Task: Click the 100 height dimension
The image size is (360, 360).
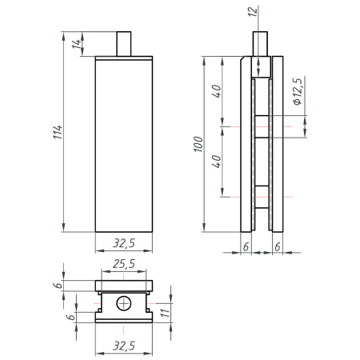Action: [x=199, y=144]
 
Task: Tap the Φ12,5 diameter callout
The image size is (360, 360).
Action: [x=297, y=92]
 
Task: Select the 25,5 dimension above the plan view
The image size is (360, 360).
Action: [x=123, y=263]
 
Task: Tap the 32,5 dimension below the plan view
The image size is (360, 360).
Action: [x=123, y=345]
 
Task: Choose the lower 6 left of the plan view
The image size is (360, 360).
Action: [x=70, y=318]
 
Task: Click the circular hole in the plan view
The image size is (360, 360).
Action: [x=123, y=304]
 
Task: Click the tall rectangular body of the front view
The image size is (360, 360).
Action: [x=123, y=144]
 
